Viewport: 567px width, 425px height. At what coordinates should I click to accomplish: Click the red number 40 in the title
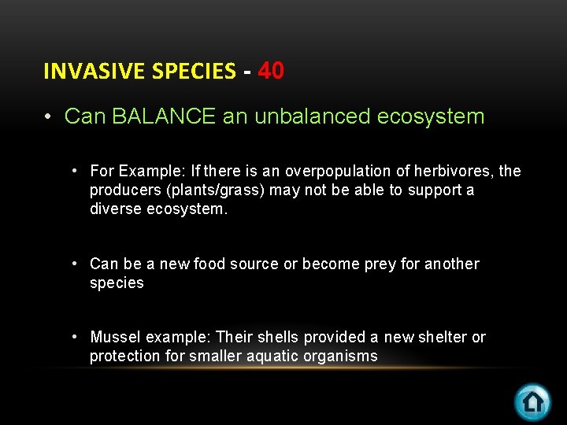pyautogui.click(x=271, y=71)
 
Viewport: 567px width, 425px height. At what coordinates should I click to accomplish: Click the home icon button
pyautogui.click(x=532, y=401)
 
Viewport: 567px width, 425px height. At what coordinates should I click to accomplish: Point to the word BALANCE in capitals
pyautogui.click(x=164, y=117)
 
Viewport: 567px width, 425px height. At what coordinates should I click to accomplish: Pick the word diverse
pyautogui.click(x=116, y=209)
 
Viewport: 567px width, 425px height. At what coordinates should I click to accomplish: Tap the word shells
pyautogui.click(x=279, y=337)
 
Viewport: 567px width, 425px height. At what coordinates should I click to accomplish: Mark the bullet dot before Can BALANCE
pyautogui.click(x=48, y=117)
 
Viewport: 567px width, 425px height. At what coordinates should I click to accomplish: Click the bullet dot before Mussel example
pyautogui.click(x=74, y=337)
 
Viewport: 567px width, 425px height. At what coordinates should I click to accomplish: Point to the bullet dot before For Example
pyautogui.click(x=74, y=171)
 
